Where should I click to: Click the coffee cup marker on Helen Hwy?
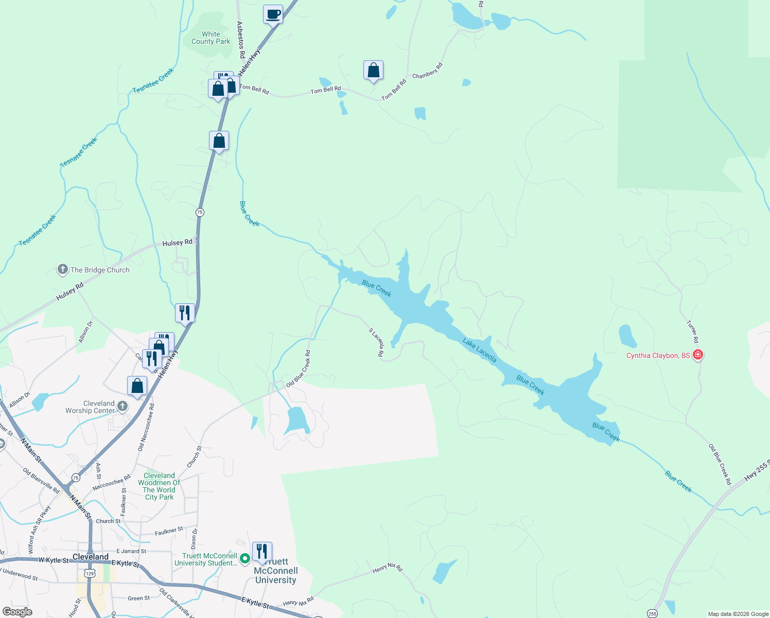point(273,14)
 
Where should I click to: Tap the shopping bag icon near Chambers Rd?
point(373,70)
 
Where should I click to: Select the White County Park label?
point(211,38)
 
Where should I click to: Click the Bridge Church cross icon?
point(62,269)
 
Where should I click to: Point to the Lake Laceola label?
point(479,350)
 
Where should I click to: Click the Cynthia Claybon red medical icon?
point(698,355)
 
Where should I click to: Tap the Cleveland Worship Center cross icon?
point(122,406)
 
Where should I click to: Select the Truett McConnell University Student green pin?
point(246,558)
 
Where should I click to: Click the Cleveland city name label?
point(91,557)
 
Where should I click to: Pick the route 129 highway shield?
point(90,573)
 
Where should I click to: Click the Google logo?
point(17,612)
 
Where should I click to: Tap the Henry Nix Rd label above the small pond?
point(388,568)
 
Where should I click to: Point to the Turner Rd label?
point(693,332)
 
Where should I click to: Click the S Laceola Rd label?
point(377,342)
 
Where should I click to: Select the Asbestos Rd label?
point(240,39)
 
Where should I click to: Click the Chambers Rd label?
point(427,71)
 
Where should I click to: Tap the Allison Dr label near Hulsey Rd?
point(85,332)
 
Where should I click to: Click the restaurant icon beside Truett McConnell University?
point(262,552)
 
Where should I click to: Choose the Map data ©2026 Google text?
point(738,614)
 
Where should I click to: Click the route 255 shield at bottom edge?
point(652,613)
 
